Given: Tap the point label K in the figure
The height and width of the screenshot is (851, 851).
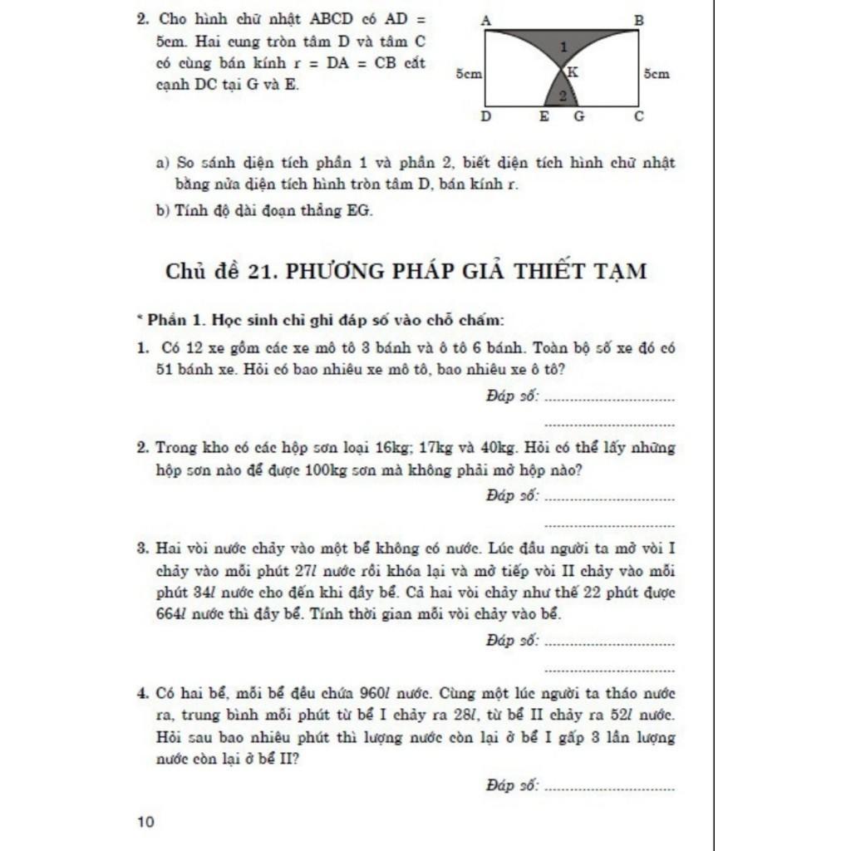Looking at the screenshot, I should click(573, 73).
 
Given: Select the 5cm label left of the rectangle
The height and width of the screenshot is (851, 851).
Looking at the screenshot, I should click(470, 74).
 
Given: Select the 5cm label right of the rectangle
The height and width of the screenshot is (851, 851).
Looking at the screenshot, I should click(657, 74).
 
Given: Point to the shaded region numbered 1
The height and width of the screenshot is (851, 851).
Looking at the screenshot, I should click(562, 47).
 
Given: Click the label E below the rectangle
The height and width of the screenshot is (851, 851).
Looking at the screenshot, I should click(544, 117).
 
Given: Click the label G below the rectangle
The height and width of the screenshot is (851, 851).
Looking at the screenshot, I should click(578, 117).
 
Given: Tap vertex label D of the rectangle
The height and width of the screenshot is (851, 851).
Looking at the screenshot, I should click(485, 117).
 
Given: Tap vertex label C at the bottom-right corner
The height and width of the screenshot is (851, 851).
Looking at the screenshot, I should click(638, 117).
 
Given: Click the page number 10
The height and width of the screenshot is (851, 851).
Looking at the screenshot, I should click(145, 823).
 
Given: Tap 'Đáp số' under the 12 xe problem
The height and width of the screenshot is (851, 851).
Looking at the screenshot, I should click(512, 396).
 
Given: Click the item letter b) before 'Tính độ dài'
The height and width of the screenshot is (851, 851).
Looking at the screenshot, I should click(163, 211).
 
